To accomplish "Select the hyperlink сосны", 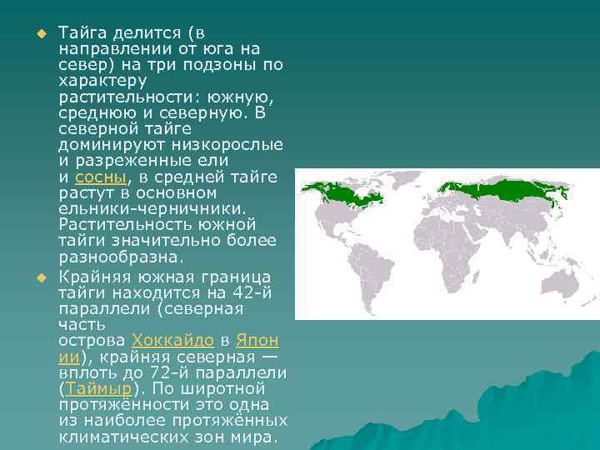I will [x=100, y=177].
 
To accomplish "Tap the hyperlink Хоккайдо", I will [x=173, y=341].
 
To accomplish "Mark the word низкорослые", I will [x=225, y=145].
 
